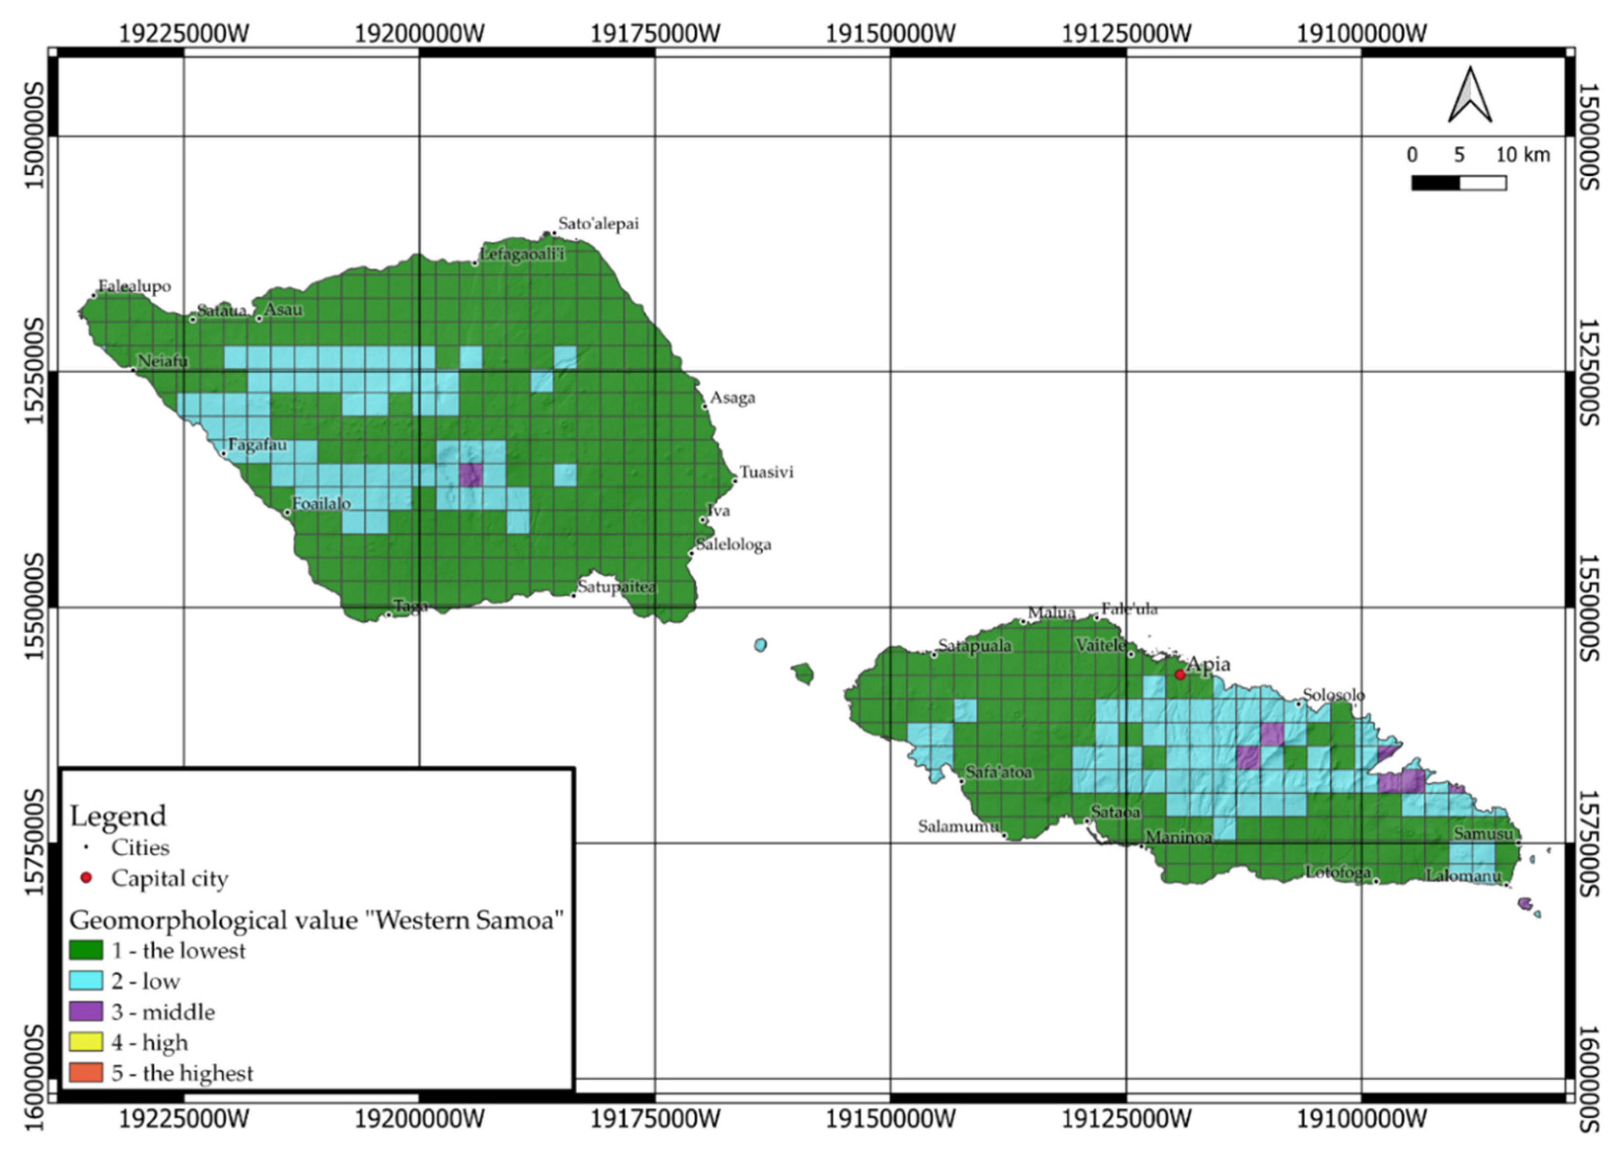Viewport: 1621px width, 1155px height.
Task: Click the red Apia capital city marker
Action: (1179, 674)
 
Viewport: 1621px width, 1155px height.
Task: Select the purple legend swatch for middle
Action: (86, 1011)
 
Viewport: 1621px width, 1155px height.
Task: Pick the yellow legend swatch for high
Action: (86, 1042)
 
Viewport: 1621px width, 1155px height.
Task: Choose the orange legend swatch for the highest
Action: (86, 1072)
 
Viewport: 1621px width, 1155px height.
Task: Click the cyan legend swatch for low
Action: (86, 981)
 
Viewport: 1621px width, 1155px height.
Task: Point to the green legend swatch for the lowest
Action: (86, 950)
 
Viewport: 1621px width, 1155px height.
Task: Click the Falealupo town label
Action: (135, 286)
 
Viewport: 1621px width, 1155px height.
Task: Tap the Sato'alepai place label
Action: (599, 224)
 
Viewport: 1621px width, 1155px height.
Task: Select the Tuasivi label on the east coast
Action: (766, 472)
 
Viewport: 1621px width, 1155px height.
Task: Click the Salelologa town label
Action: (734, 545)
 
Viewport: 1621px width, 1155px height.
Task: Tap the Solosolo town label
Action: (1334, 695)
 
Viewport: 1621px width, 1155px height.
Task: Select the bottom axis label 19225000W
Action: (184, 1119)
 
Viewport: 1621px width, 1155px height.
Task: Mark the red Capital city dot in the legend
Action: (86, 878)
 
